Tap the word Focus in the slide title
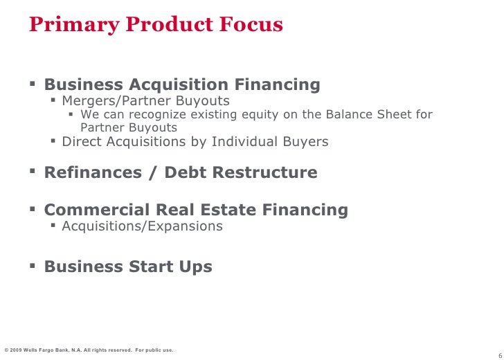pos(251,25)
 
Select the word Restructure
pos(271,172)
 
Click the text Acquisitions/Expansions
pos(142,226)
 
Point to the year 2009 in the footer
pos(17,350)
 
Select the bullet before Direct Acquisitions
pos(55,141)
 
